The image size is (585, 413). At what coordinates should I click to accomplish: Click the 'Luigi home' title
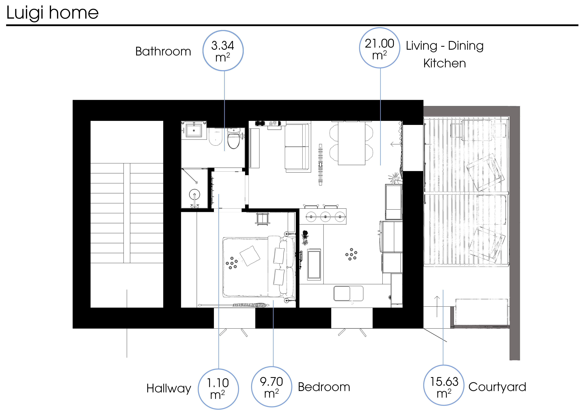click(x=52, y=13)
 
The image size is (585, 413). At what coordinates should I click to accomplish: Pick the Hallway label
click(x=169, y=388)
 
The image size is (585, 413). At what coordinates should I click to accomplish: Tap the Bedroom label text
click(x=324, y=387)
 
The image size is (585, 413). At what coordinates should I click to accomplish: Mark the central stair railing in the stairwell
click(x=127, y=213)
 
